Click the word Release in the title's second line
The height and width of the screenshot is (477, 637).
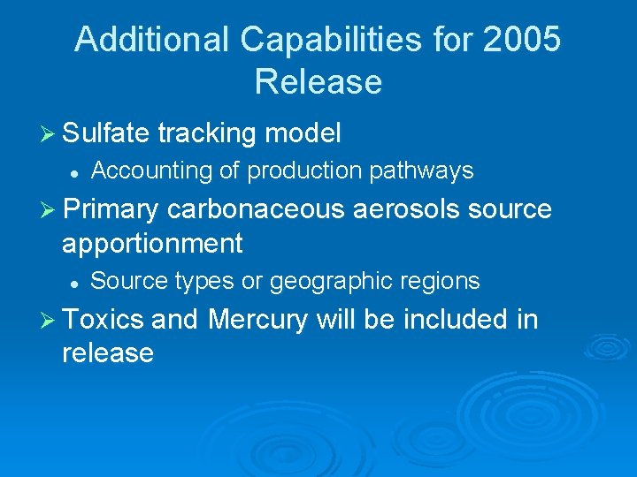[x=318, y=81]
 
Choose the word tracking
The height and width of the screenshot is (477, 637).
[x=205, y=133]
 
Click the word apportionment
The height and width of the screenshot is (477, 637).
[x=152, y=243]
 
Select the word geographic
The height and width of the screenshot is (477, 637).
[x=333, y=282]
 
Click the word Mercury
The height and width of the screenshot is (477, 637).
[x=257, y=319]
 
